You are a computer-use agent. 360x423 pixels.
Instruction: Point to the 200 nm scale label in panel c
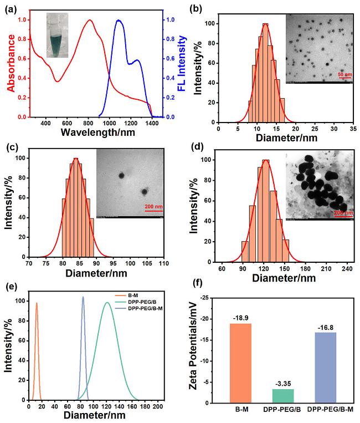point(147,207)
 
